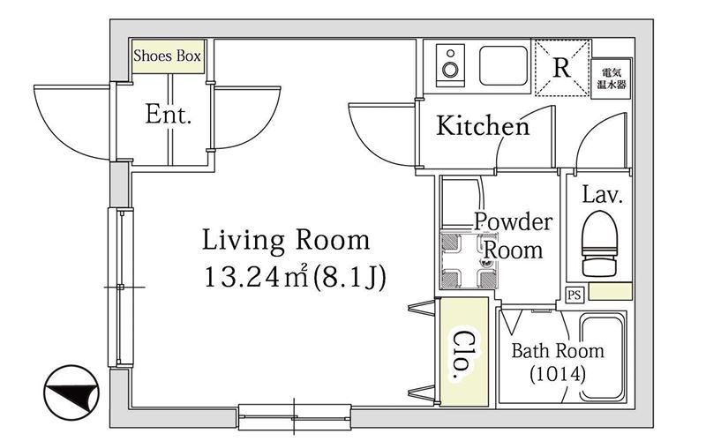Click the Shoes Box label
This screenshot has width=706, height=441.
(x=167, y=56)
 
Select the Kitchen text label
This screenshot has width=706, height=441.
(x=483, y=125)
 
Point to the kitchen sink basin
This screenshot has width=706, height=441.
(x=503, y=65)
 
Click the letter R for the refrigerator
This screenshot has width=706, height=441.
(x=561, y=68)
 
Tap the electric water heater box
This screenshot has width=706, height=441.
(x=611, y=78)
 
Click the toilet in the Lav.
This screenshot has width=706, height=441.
(x=599, y=243)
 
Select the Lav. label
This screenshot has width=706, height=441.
(x=603, y=194)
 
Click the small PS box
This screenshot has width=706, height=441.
(x=575, y=295)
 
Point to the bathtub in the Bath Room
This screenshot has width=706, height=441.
(x=602, y=357)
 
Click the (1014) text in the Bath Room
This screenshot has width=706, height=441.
(x=558, y=373)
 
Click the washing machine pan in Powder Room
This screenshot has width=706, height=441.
(x=469, y=260)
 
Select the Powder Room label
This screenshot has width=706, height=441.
(x=514, y=235)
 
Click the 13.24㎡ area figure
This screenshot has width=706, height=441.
(x=256, y=276)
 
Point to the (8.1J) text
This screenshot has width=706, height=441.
(x=349, y=277)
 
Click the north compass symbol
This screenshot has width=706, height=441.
(x=71, y=392)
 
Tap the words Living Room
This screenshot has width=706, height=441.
(x=286, y=240)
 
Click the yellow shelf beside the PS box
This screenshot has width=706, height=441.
(x=610, y=292)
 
